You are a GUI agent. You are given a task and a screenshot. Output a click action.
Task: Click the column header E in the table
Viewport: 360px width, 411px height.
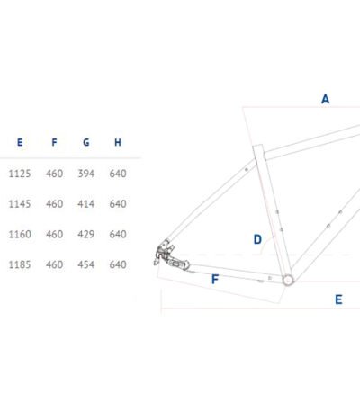(x=20, y=142)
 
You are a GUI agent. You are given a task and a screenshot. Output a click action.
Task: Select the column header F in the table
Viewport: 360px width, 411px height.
(x=54, y=142)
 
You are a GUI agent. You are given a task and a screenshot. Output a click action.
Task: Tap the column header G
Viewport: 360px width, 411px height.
(x=86, y=142)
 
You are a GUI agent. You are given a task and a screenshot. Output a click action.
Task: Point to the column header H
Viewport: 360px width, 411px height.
(x=118, y=142)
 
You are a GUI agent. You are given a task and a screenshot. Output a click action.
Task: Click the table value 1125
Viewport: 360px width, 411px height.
(x=20, y=174)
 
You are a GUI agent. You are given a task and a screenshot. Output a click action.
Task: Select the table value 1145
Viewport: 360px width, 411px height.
(x=20, y=204)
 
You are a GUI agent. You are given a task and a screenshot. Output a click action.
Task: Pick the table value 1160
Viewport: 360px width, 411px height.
(x=20, y=234)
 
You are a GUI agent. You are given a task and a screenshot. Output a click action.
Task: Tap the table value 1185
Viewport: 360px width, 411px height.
(x=20, y=264)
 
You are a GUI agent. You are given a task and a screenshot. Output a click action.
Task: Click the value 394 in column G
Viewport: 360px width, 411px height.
(x=86, y=174)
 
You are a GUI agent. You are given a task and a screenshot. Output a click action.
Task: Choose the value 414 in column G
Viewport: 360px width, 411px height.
(x=86, y=204)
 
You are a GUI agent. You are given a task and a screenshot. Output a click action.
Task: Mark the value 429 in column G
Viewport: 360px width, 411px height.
(x=86, y=234)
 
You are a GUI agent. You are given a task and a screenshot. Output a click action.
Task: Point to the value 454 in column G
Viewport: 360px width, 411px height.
(x=86, y=264)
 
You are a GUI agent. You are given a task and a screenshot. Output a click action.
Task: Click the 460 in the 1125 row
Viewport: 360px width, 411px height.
(x=55, y=174)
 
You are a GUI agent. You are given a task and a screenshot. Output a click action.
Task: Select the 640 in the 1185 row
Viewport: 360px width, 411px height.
(x=118, y=264)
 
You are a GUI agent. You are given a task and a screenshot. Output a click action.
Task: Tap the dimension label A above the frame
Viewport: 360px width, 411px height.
(x=325, y=99)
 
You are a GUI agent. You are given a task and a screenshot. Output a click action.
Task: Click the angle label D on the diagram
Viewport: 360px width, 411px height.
(x=257, y=239)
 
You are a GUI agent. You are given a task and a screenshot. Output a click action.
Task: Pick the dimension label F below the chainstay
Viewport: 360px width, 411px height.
(x=215, y=280)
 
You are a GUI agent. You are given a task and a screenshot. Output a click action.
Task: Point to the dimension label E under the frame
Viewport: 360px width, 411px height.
(x=338, y=299)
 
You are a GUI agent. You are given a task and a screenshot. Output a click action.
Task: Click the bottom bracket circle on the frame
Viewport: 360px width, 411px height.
(x=288, y=280)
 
